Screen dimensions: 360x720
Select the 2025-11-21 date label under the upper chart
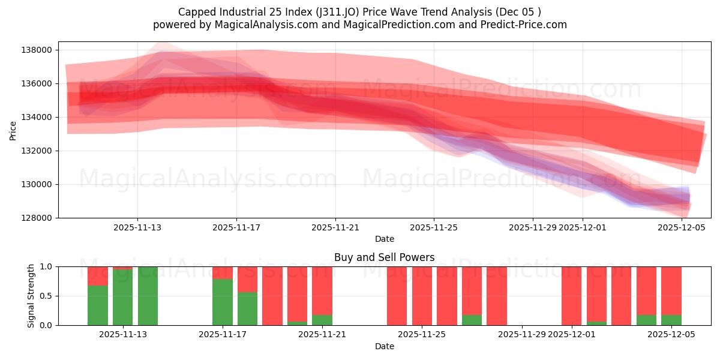(335, 227)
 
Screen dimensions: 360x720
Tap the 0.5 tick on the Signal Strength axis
(46, 296)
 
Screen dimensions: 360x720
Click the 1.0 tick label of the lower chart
(46, 266)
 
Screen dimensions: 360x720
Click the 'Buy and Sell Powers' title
(384, 257)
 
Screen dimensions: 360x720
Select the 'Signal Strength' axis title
(31, 296)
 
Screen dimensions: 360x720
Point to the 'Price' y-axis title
(13, 130)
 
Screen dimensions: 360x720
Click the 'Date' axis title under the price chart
(384, 239)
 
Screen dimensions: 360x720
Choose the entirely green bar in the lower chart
(148, 296)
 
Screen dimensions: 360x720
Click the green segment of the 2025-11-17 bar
(223, 302)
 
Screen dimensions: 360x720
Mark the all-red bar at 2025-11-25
(422, 296)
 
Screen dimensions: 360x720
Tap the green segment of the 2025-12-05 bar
(671, 320)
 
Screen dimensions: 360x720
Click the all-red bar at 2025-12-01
(571, 296)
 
